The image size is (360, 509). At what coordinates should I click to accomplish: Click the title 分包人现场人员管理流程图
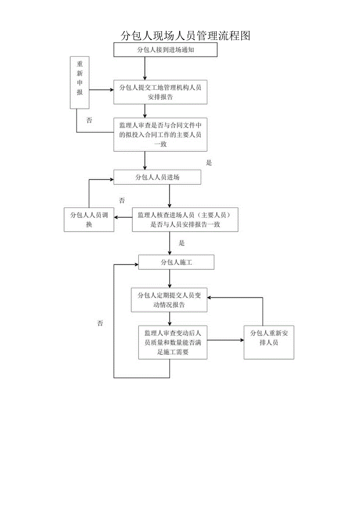tap(185, 36)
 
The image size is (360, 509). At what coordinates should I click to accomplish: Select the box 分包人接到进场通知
tap(165, 50)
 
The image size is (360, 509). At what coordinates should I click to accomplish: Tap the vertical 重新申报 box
tap(79, 83)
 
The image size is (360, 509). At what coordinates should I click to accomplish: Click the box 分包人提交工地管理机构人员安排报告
tap(160, 92)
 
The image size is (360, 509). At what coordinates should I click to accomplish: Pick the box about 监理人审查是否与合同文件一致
tap(160, 135)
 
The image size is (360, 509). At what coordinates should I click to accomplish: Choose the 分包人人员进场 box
tap(157, 177)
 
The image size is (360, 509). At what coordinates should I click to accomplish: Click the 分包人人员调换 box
tap(89, 219)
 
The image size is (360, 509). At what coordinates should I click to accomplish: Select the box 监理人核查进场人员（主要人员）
tap(185, 219)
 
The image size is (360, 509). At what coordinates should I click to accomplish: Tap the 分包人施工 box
tap(176, 263)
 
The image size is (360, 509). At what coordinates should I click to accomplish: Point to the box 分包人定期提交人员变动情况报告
tap(169, 300)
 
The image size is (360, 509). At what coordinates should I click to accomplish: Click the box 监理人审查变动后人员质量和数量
tap(173, 342)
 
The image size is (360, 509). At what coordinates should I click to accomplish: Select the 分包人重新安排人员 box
tap(268, 342)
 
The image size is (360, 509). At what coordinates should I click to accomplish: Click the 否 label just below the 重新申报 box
tap(90, 121)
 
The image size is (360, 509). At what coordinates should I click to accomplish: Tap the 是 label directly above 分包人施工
tap(182, 243)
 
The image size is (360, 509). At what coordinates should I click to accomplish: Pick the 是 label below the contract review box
tap(209, 163)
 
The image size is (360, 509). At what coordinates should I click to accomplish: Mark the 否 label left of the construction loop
tap(100, 323)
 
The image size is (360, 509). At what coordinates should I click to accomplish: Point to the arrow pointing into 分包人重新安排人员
tap(225, 340)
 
